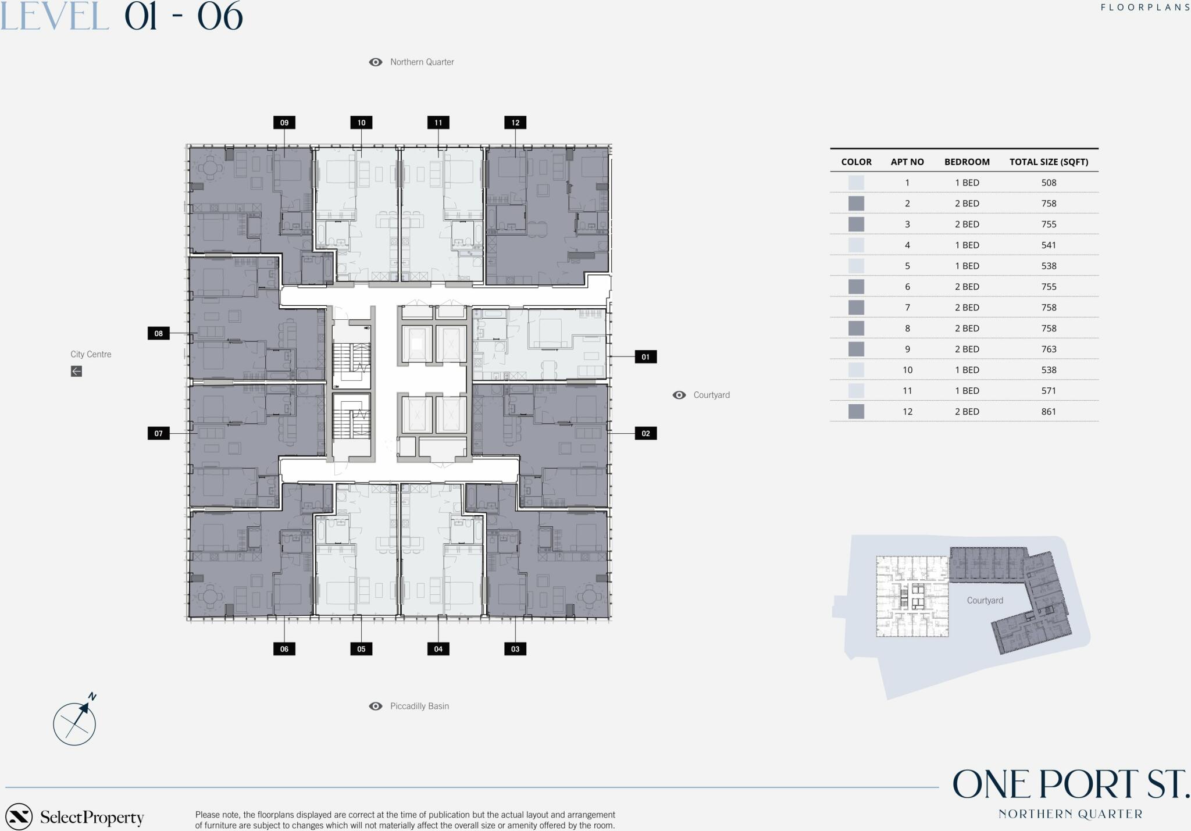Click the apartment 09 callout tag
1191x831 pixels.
(x=284, y=123)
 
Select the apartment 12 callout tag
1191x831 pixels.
(x=515, y=123)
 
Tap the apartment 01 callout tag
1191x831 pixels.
(x=646, y=357)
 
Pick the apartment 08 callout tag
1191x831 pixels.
(x=159, y=333)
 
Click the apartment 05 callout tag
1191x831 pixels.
(x=361, y=649)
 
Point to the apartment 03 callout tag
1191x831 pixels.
(x=515, y=649)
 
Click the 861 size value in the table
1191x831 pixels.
(x=1049, y=412)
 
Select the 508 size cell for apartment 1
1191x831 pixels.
(x=1049, y=183)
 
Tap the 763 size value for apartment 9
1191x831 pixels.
(x=1049, y=349)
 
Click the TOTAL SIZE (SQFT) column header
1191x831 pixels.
(x=1049, y=162)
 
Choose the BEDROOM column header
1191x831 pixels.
(x=967, y=162)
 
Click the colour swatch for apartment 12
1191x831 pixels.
(x=856, y=412)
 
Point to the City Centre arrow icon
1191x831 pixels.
(x=76, y=371)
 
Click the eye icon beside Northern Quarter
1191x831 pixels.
(x=376, y=62)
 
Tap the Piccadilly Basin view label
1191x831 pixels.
(x=419, y=706)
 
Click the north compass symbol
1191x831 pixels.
(x=74, y=721)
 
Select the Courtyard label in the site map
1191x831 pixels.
(x=985, y=601)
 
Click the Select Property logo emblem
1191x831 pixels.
(x=19, y=816)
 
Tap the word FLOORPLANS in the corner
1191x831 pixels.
(x=1145, y=8)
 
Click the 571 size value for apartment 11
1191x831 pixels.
(x=1049, y=391)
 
